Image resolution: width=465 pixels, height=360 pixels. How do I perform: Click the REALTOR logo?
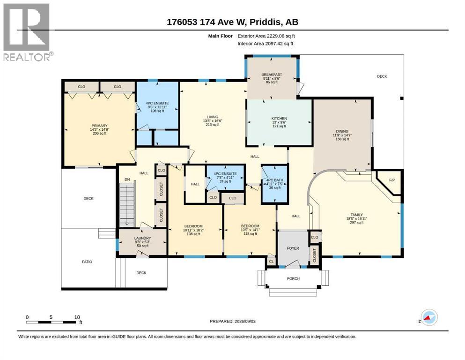(x=28, y=32)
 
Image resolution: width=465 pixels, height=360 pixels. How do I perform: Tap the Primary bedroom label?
(x=99, y=129)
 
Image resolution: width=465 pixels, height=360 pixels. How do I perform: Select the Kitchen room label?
(x=280, y=122)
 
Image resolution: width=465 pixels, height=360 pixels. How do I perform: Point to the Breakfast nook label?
(x=272, y=78)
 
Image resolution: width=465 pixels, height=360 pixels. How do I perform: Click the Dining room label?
(x=342, y=135)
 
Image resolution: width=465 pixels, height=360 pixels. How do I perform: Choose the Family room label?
(x=356, y=218)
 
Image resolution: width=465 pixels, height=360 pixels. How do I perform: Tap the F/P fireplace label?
(x=392, y=180)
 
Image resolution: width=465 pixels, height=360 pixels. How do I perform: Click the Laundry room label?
(x=142, y=242)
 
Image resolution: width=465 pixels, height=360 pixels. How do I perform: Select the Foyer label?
(x=293, y=248)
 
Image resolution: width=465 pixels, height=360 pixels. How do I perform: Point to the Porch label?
(x=293, y=279)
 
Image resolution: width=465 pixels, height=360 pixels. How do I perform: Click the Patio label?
(x=87, y=262)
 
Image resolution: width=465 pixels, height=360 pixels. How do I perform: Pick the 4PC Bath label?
(x=274, y=184)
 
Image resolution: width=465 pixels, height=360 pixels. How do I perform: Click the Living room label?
(x=212, y=121)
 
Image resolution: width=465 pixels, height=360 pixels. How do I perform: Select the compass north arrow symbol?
(x=428, y=318)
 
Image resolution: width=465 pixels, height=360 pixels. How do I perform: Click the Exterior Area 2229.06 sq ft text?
(x=266, y=36)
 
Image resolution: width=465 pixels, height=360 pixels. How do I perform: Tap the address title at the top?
(x=232, y=22)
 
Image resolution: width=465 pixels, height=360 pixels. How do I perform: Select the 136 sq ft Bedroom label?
(x=194, y=230)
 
